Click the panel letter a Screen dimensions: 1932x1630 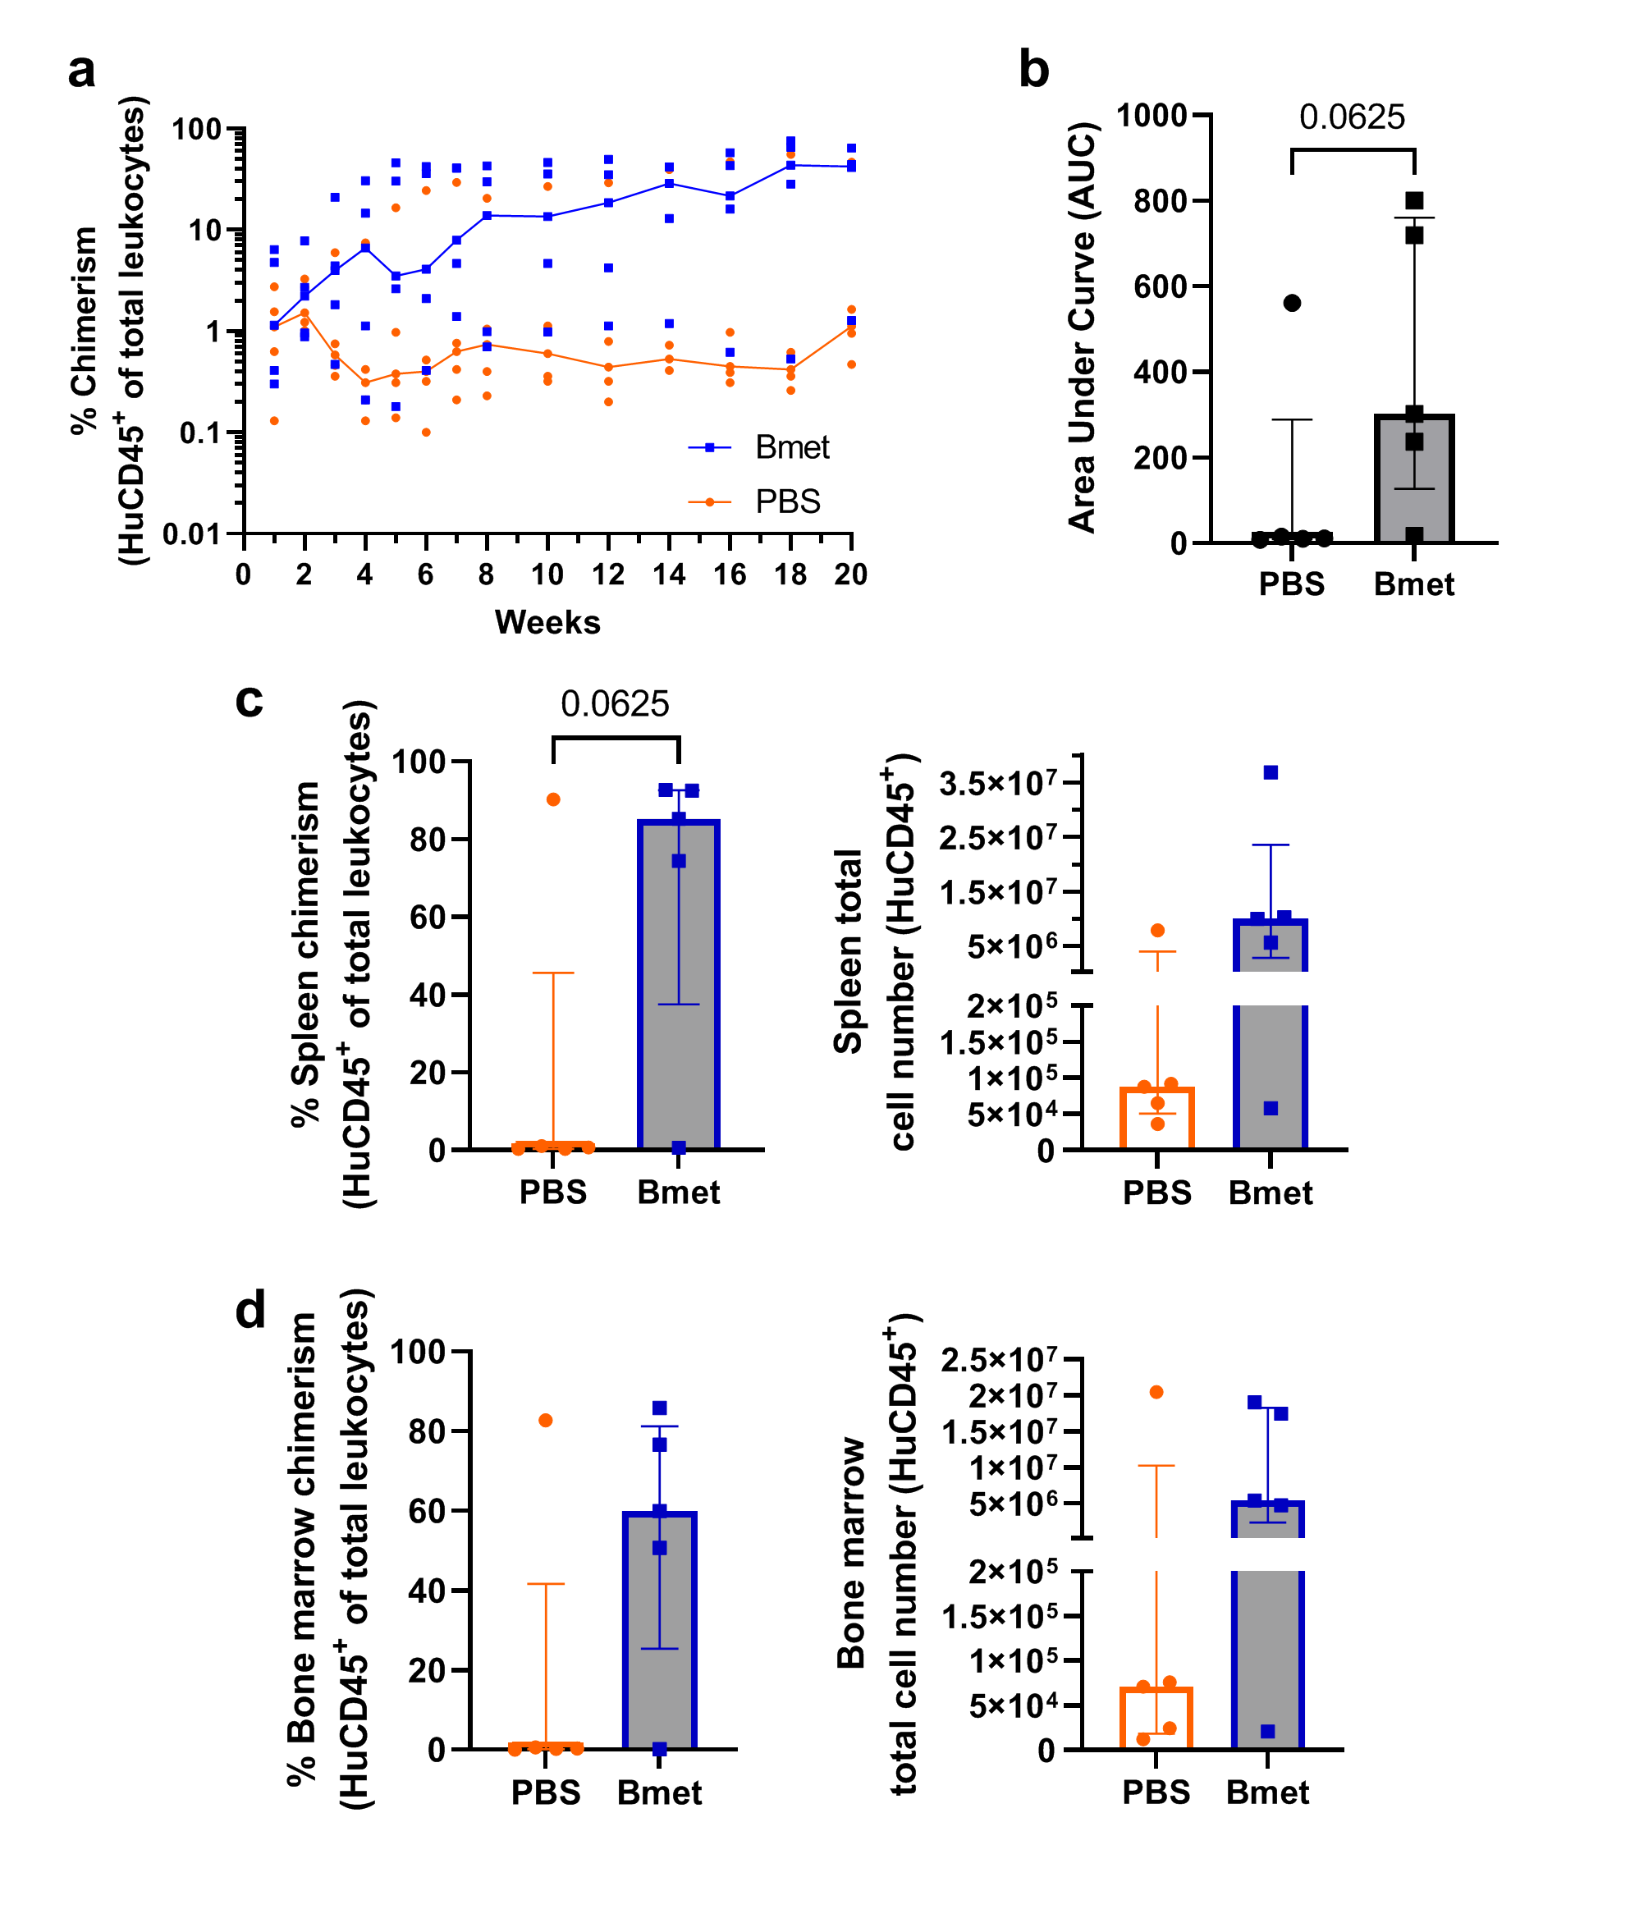[81, 71]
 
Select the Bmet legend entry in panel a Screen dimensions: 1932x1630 [791, 447]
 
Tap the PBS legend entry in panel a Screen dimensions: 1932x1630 [786, 501]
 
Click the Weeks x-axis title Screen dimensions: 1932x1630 [547, 623]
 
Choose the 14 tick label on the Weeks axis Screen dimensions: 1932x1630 [668, 575]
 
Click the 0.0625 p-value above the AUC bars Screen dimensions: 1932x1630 [1351, 117]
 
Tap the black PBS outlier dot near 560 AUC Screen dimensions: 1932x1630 [1292, 303]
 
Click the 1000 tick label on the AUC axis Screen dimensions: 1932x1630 [1152, 116]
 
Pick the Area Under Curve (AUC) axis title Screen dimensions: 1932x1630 [1082, 328]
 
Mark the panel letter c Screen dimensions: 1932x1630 [250, 700]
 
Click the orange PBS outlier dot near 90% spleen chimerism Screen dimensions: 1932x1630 [552, 799]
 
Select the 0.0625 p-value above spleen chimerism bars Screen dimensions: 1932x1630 [615, 704]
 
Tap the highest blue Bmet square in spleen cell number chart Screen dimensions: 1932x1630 [1271, 772]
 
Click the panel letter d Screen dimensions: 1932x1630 [250, 1310]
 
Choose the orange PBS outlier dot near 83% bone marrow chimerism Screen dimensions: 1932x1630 [545, 1420]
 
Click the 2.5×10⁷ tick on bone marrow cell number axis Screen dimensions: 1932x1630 [999, 1360]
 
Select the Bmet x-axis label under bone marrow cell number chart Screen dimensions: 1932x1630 [1267, 1792]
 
